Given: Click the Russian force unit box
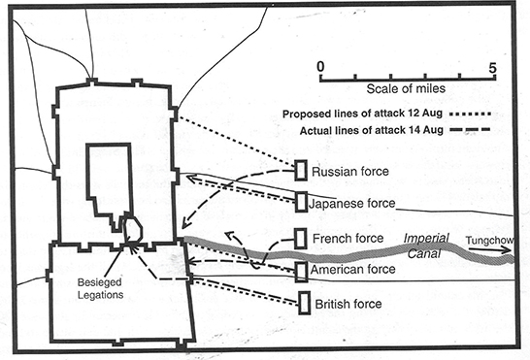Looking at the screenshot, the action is (x=301, y=171).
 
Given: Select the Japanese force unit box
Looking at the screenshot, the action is (x=301, y=202).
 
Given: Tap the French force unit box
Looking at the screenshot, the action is (x=301, y=239).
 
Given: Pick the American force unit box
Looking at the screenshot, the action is (x=301, y=271).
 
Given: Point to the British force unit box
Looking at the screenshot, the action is (x=304, y=303).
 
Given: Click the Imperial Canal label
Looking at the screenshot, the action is (x=426, y=245).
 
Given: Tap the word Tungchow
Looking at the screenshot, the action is (x=489, y=241).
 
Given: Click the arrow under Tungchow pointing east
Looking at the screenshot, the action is (x=489, y=249).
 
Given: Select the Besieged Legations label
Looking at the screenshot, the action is (x=100, y=288).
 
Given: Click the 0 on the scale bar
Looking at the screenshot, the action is (x=320, y=67).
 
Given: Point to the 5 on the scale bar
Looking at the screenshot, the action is (x=493, y=68).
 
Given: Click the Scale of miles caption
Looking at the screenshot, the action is (x=406, y=88).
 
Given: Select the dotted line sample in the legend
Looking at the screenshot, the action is (x=471, y=115).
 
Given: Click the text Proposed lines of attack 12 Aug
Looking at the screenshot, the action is (x=362, y=114).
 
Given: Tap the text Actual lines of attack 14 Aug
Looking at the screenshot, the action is (x=372, y=130).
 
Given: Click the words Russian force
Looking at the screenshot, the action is (x=350, y=172).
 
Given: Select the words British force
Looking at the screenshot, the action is (x=348, y=304).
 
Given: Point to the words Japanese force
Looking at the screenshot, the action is (x=351, y=204).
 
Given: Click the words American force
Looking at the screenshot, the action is (x=353, y=270).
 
